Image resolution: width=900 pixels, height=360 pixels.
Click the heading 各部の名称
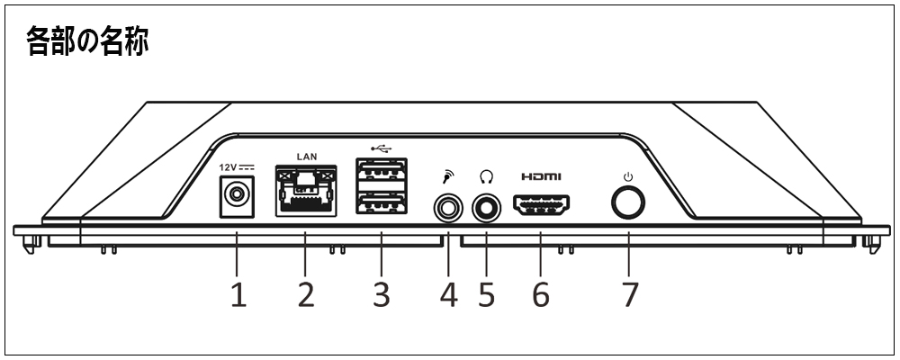coord(87,40)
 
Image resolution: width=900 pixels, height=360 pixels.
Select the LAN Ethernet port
coord(306,191)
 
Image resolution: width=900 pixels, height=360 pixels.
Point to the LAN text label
coord(306,156)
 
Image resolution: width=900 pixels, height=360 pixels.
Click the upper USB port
coord(381,171)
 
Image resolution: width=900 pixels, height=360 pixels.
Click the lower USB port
coord(381,204)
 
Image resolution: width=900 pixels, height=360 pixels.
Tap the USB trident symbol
coord(381,146)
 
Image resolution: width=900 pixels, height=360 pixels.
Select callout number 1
coord(238,294)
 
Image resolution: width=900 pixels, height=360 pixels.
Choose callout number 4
coord(447,294)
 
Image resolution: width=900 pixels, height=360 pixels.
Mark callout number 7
coord(628,294)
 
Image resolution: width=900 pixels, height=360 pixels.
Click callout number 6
coord(540,294)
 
